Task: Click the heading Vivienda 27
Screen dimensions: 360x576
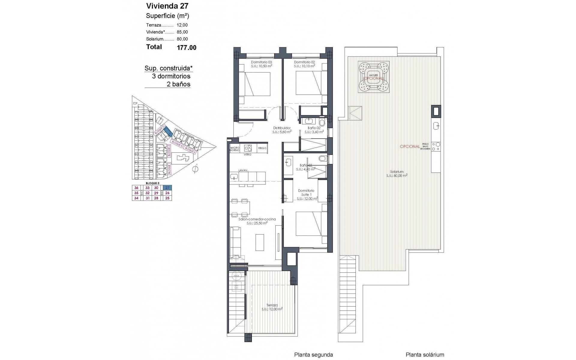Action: coord(167,6)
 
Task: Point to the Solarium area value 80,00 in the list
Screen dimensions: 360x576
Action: coord(182,39)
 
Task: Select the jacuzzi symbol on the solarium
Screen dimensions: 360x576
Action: coord(373,76)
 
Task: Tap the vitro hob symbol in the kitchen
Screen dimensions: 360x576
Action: coord(248,148)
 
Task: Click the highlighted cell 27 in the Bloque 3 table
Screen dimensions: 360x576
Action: coord(167,187)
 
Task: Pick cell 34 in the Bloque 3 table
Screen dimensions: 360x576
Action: coord(136,198)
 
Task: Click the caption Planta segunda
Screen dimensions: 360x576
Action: coord(313,355)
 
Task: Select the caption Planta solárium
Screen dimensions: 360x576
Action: coord(425,355)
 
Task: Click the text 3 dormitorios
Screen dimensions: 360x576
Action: coord(171,76)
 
